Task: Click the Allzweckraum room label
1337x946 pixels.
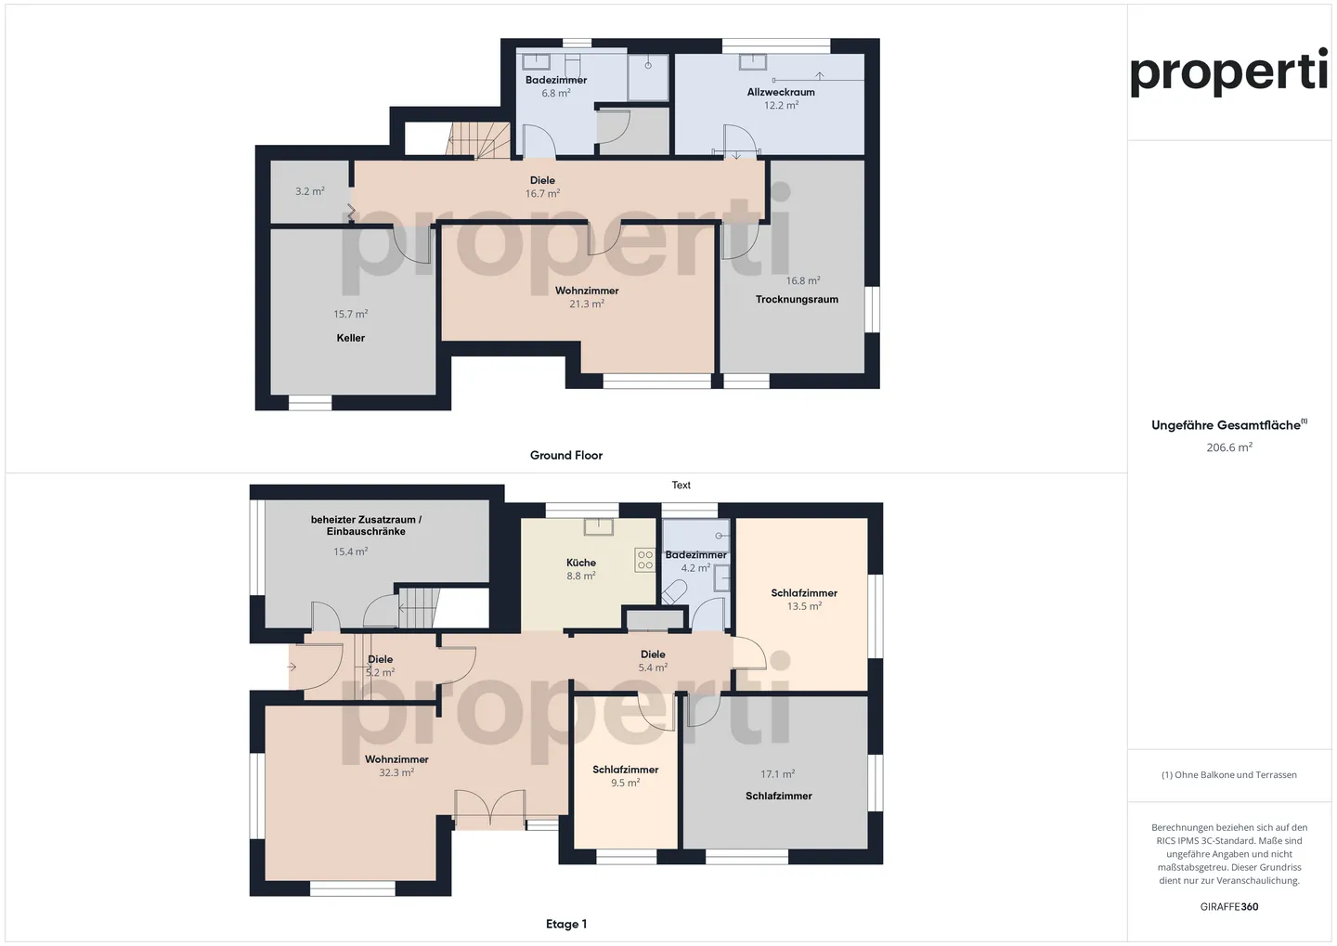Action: tap(781, 92)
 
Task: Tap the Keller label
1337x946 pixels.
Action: tap(351, 338)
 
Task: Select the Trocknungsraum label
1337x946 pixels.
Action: tap(797, 299)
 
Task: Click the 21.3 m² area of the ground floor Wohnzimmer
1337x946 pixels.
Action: tap(587, 304)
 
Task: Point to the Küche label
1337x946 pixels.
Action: tap(581, 563)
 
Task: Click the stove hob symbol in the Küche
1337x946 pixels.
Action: tap(644, 560)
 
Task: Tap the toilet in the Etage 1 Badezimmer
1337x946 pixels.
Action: tap(674, 591)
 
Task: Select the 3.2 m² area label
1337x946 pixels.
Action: tap(310, 191)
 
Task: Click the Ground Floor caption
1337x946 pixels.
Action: tap(566, 455)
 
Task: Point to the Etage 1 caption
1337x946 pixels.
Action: tap(566, 924)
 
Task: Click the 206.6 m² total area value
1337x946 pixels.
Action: tap(1229, 447)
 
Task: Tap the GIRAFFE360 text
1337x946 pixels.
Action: tap(1229, 907)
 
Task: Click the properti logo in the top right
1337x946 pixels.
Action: tap(1228, 72)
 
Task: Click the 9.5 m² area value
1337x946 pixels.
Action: tap(626, 783)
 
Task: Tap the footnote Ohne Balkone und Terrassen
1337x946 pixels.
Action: tap(1229, 775)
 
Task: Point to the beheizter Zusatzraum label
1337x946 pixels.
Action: tap(366, 525)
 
